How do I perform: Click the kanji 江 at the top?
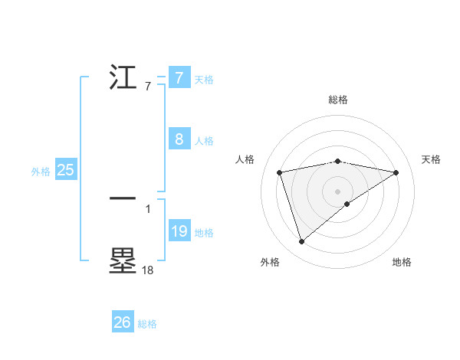pos(124,78)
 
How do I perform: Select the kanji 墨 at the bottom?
pos(123,261)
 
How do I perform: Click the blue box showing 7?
pos(179,77)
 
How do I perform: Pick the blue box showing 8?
pos(179,139)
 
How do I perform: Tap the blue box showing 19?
pos(179,231)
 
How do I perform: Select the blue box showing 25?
pos(66,170)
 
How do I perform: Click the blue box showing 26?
pos(123,322)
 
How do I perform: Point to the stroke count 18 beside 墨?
pos(147,270)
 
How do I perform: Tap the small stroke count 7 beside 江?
pos(148,87)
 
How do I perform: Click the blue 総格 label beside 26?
pos(147,324)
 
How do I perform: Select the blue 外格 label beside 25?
pos(41,172)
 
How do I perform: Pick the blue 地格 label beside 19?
pos(204,233)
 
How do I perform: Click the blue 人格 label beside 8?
pos(204,141)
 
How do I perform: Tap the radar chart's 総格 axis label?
pos(337,100)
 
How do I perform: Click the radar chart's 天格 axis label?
pos(431,159)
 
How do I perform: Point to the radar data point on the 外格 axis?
pos(301,242)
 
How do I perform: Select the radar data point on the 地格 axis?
pos(347,204)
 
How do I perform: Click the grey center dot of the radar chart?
pos(337,191)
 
